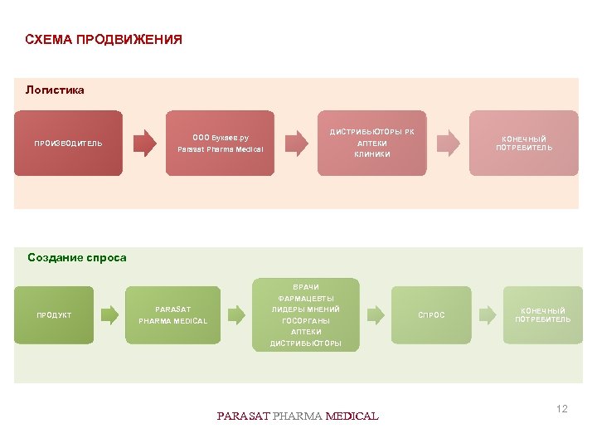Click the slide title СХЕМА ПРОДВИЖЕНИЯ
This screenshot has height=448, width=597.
coord(104,40)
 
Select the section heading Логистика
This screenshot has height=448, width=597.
coord(55,90)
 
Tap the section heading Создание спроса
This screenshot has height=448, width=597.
coord(77,258)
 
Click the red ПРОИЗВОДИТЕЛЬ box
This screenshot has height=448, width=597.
coord(68,144)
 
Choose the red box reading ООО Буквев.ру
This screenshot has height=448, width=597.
coord(220,144)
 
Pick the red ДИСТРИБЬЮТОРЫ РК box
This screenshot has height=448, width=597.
coord(372,143)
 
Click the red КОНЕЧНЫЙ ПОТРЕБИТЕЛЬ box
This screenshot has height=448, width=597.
coord(524,143)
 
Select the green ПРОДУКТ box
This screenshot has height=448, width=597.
coord(54,315)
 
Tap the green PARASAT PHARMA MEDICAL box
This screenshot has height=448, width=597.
coord(172,315)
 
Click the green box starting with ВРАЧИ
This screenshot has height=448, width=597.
coord(305,315)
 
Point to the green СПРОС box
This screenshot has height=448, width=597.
coord(431,315)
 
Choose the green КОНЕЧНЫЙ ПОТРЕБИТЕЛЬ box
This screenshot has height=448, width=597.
coord(542,315)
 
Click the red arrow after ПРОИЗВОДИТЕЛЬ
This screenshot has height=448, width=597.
coord(144,143)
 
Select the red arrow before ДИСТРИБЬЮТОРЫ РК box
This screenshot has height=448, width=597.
coord(296,143)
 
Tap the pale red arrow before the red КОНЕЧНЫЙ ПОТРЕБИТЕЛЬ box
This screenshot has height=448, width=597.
coord(448,143)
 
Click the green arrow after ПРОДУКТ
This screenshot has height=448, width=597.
coord(109,314)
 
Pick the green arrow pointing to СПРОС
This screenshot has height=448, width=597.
coord(376,314)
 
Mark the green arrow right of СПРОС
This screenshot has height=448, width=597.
coord(488,314)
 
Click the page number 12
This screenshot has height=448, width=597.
coord(562,409)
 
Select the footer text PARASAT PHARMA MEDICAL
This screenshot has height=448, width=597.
coord(298,416)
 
